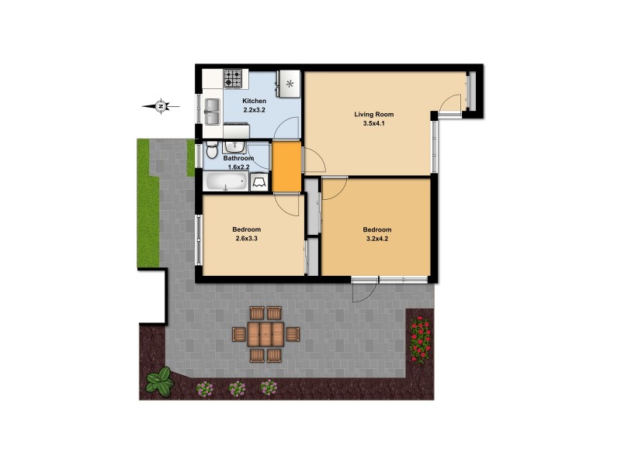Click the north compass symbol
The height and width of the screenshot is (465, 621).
tap(160, 105)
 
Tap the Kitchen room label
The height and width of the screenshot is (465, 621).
tap(255, 102)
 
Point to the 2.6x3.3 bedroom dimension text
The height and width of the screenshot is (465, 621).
tap(246, 239)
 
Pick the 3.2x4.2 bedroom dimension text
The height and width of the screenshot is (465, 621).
tap(377, 239)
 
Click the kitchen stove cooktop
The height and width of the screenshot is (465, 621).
tap(234, 78)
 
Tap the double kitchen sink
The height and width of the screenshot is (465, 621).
tap(212, 106)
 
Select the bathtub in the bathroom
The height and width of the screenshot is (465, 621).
tap(226, 182)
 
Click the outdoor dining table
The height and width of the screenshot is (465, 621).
tap(266, 334)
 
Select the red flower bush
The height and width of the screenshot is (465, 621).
tap(420, 338)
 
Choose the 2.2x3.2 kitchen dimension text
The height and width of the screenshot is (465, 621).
tap(255, 111)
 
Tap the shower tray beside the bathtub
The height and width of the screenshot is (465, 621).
tap(259, 182)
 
